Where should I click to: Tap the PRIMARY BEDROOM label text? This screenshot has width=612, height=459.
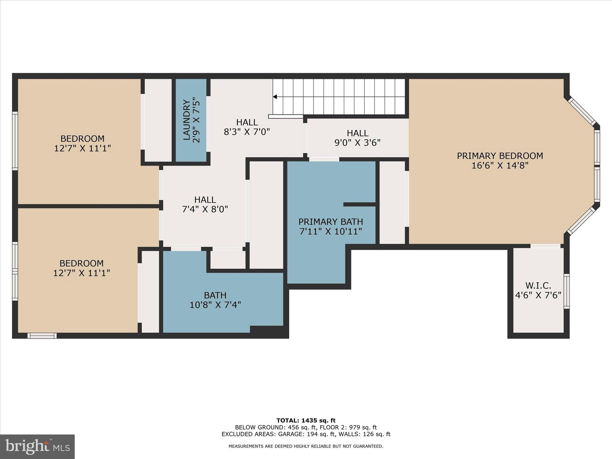[x=500, y=156]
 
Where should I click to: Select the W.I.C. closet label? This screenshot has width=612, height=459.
[x=538, y=285]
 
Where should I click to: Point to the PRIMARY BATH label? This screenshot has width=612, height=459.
[x=331, y=222]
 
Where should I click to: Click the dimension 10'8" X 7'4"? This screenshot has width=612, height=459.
[x=215, y=305]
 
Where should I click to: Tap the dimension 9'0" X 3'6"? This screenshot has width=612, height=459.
[x=357, y=143]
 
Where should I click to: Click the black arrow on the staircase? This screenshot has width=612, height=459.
[x=275, y=97]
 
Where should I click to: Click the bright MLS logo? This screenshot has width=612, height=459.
[x=37, y=446]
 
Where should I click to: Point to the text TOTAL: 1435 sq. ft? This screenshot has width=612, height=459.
[x=306, y=421]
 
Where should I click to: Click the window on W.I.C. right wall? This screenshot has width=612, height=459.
[x=566, y=291]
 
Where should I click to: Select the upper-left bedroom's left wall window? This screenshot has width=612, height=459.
[x=15, y=141]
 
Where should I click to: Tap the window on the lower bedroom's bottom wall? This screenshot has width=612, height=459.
[x=42, y=336]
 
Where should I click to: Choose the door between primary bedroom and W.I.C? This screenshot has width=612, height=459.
[x=545, y=246]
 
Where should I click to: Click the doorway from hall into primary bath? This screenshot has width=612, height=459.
[x=324, y=159]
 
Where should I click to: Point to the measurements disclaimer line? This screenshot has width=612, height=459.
[x=306, y=446]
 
